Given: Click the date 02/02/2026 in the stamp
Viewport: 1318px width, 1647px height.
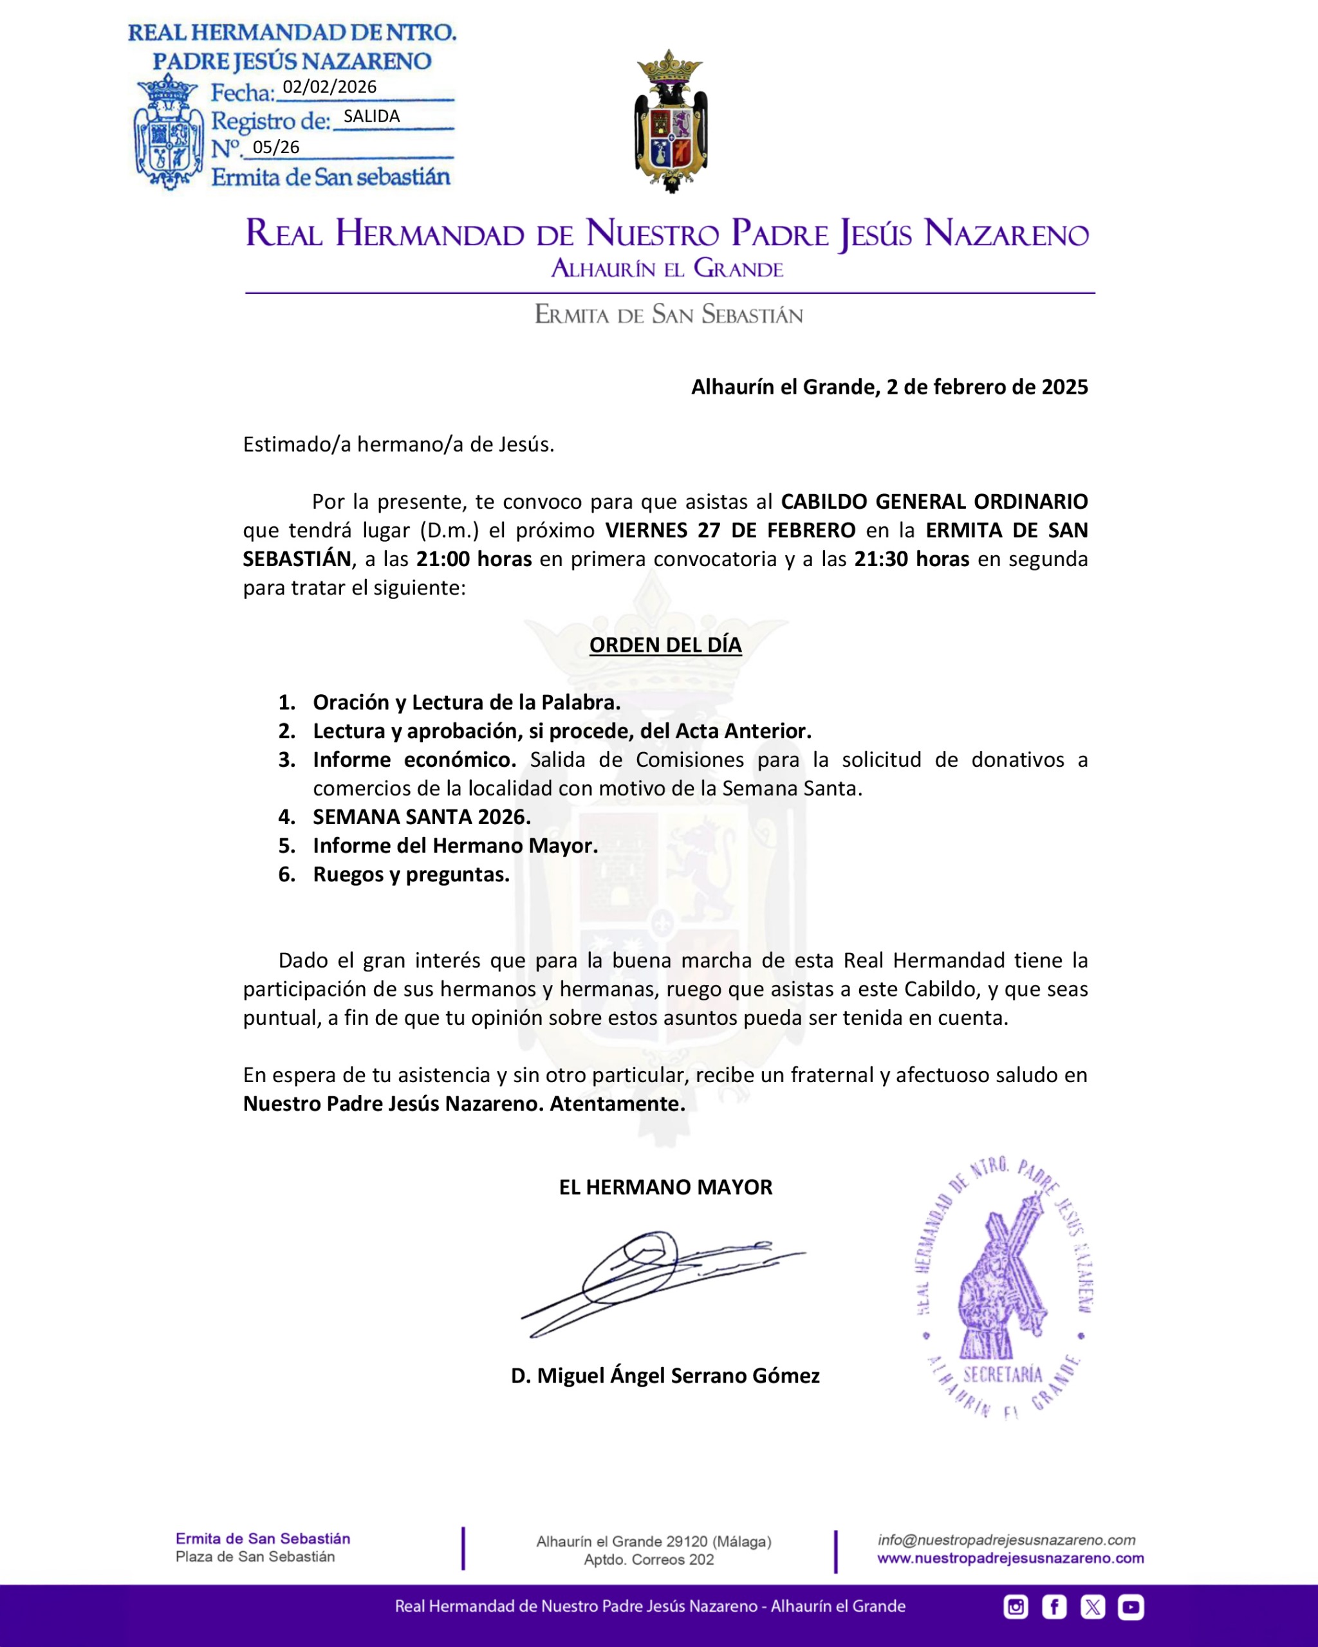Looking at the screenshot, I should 329,87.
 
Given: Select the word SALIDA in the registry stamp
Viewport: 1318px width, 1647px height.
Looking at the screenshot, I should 371,116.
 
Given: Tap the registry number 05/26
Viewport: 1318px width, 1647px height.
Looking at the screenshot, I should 276,147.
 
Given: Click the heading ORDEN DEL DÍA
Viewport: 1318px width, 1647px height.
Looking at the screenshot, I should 665,645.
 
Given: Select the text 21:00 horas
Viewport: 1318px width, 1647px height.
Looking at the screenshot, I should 474,559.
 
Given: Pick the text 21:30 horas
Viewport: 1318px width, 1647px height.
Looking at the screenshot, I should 911,559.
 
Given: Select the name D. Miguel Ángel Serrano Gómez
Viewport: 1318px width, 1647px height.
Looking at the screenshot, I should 665,1376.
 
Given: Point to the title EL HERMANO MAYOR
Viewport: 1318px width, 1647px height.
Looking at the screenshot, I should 665,1187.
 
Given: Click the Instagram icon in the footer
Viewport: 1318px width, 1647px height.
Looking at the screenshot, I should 1016,1607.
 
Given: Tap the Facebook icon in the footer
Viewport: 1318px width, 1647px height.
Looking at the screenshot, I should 1054,1607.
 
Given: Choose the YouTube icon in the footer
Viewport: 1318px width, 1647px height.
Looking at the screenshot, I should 1131,1607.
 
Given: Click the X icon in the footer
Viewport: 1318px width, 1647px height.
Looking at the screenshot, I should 1093,1607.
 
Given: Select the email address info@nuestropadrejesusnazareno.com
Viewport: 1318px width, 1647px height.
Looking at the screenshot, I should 1007,1540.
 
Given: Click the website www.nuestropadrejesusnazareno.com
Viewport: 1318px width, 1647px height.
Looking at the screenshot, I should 1010,1558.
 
